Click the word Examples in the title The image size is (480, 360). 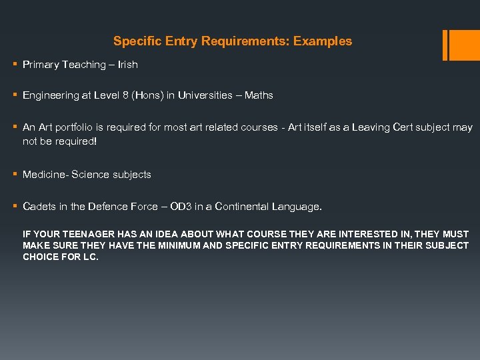coord(323,41)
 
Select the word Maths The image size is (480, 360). coord(259,95)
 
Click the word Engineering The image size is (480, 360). coord(51,95)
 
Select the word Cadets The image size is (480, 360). coord(39,207)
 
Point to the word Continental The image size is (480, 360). coord(241,207)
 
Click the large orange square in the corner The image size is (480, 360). coord(464,45)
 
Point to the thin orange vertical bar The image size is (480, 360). coord(445,45)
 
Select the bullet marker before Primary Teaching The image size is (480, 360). coord(15,65)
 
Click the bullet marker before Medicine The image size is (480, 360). coord(15,175)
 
